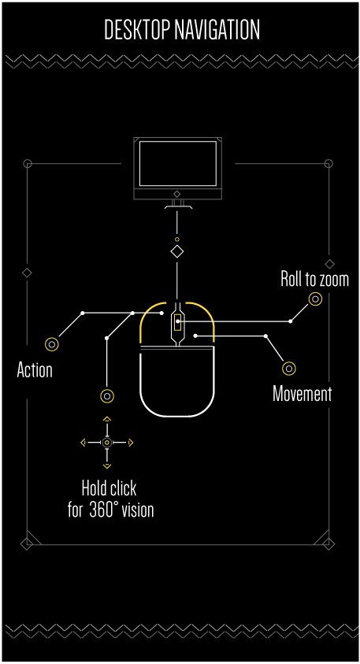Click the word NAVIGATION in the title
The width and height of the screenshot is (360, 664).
pos(217,30)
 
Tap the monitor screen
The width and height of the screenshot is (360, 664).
pos(178,163)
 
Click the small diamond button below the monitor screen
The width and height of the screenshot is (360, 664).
pos(177,194)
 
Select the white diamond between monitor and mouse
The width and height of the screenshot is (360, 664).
pos(177,251)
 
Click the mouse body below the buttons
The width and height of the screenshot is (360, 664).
pos(177,381)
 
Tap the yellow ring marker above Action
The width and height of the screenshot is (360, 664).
pos(52,344)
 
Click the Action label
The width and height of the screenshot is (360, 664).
pos(35,370)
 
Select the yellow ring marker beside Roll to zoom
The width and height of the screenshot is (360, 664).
pos(315,299)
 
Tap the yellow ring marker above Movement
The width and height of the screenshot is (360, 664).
pos(289,368)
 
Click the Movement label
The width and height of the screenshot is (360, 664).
pos(302,394)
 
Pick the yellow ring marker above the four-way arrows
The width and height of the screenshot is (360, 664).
pos(107,396)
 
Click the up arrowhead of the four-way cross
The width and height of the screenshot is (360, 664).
pos(107,419)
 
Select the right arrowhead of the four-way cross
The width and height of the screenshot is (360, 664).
pos(131,443)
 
